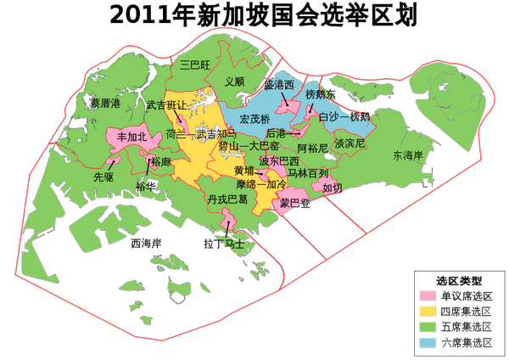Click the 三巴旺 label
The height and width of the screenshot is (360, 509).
pyautogui.click(x=195, y=64)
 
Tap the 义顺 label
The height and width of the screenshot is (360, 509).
pyautogui.click(x=235, y=82)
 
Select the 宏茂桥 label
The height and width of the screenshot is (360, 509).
pyautogui.click(x=254, y=118)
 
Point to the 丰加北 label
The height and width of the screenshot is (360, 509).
pyautogui.click(x=131, y=137)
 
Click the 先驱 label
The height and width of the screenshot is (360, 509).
pyautogui.click(x=103, y=177)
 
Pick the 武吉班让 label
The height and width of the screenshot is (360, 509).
pyautogui.click(x=166, y=106)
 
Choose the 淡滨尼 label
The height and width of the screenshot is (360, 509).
pyautogui.click(x=350, y=143)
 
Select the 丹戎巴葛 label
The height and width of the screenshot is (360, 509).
pyautogui.click(x=228, y=200)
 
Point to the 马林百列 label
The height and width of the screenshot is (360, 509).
pyautogui.click(x=307, y=173)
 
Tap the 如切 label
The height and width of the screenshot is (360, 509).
pyautogui.click(x=333, y=188)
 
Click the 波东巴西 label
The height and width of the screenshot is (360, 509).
pyautogui.click(x=279, y=160)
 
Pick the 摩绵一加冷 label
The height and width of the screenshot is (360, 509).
pyautogui.click(x=261, y=184)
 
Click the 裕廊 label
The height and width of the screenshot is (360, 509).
pyautogui.click(x=160, y=161)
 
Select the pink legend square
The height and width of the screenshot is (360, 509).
pyautogui.click(x=428, y=295)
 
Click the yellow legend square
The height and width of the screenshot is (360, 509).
pyautogui.click(x=428, y=311)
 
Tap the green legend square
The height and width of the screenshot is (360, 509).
pyautogui.click(x=428, y=327)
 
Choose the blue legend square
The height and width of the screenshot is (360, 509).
pyautogui.click(x=428, y=342)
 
